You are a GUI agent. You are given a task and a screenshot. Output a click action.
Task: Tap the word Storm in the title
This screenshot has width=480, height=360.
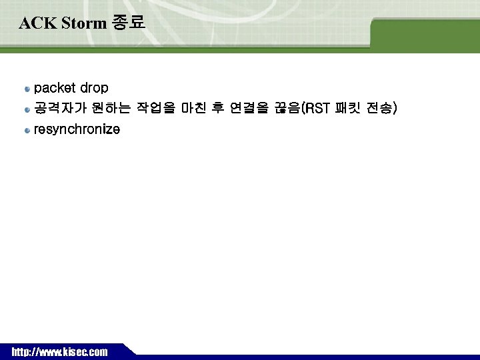pos(82,23)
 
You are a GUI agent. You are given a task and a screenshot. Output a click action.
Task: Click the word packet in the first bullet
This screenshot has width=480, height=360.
pos(55,88)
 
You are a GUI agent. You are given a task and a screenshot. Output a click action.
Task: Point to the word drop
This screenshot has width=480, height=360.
pos(94,88)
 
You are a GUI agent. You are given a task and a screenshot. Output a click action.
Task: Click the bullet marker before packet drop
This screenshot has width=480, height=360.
pos(27,89)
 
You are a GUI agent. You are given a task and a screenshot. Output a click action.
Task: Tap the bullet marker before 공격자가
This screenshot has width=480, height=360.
pos(27,109)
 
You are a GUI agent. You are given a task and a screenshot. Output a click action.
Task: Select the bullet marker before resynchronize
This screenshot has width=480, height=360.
pos(27,131)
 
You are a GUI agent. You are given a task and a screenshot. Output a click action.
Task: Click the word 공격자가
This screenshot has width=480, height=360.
pos(57,108)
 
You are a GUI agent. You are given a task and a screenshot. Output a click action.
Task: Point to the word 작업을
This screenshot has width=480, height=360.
pos(156,108)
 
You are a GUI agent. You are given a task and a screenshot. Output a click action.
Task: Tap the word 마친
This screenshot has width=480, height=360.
pos(193,108)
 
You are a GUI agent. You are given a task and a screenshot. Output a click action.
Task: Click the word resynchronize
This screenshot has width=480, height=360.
pos(77,130)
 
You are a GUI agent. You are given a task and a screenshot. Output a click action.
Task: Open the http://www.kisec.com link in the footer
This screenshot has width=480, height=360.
pos(59,352)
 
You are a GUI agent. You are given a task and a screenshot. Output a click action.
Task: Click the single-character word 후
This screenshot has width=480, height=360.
pos(217,108)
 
